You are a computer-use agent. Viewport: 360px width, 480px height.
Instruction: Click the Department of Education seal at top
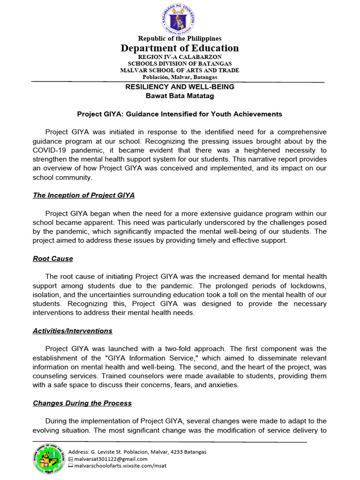tap(180, 18)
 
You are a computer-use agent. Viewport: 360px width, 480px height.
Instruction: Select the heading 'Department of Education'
tap(180, 48)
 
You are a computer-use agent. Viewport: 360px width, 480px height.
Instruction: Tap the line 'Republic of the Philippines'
tap(180, 38)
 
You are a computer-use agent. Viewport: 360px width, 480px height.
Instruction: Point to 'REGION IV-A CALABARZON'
tap(180, 57)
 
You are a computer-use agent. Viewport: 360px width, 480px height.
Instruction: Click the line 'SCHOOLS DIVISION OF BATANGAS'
tap(180, 63)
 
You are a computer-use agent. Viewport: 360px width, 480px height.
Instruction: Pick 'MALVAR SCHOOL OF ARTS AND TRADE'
tap(180, 70)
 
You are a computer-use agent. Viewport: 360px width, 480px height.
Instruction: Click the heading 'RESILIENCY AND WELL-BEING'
tap(180, 87)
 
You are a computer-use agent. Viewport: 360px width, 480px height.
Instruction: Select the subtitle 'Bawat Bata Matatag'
tap(180, 96)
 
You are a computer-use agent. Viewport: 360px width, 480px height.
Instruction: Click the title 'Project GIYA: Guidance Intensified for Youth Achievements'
tap(180, 114)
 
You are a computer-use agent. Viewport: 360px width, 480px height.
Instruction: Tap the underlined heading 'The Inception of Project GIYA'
tap(84, 195)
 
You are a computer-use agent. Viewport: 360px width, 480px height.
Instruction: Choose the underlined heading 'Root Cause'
tap(53, 259)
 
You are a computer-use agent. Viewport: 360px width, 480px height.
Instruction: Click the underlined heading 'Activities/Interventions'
tap(73, 331)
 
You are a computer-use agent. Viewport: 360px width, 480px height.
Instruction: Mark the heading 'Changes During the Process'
tap(82, 403)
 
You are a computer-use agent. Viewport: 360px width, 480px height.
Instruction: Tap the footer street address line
tap(137, 452)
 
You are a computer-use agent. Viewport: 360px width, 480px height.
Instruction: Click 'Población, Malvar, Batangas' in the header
tap(180, 77)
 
